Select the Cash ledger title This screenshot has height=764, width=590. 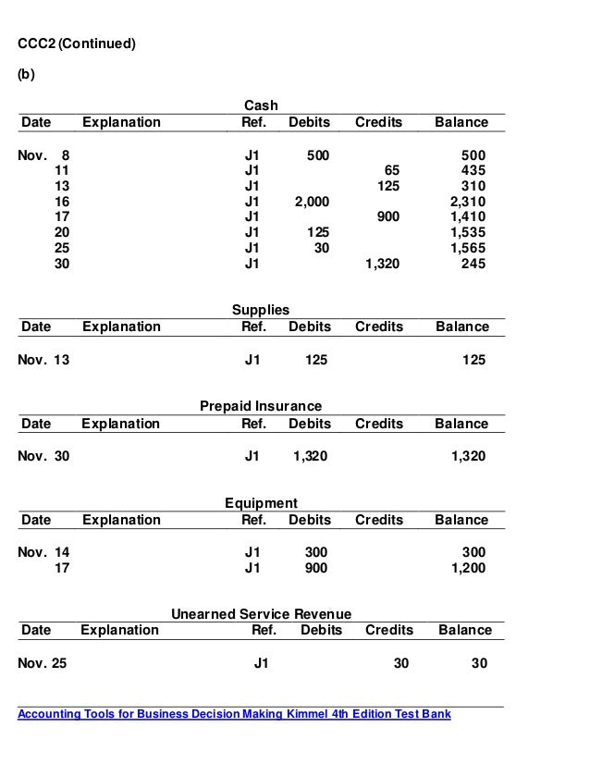pyautogui.click(x=260, y=105)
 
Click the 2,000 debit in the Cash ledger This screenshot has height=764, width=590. pyautogui.click(x=312, y=201)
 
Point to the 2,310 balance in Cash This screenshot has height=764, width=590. pyautogui.click(x=467, y=201)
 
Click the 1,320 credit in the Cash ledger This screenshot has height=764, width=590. pyautogui.click(x=382, y=264)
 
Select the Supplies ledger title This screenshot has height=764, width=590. pyautogui.click(x=260, y=310)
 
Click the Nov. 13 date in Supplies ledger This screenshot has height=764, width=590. pyautogui.click(x=43, y=360)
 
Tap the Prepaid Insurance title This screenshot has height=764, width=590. pyautogui.click(x=261, y=407)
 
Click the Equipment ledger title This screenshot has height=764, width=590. pyautogui.click(x=261, y=503)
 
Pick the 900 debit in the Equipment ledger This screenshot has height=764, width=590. pyautogui.click(x=315, y=569)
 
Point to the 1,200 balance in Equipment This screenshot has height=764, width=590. pyautogui.click(x=467, y=569)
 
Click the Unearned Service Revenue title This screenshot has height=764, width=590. pyautogui.click(x=262, y=614)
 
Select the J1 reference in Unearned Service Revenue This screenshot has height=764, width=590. pyautogui.click(x=262, y=663)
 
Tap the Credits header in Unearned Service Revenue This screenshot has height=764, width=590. pyautogui.click(x=389, y=631)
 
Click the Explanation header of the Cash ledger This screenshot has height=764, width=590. pyautogui.click(x=121, y=122)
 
